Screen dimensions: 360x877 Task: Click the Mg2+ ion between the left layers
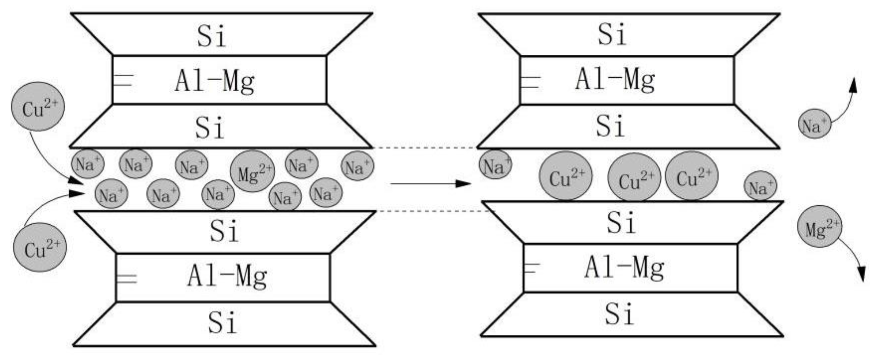coord(252,171)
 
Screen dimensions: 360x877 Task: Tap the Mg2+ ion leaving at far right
coord(819,227)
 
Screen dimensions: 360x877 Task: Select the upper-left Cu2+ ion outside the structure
coord(38,106)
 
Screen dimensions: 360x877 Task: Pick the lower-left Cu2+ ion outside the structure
coord(40,247)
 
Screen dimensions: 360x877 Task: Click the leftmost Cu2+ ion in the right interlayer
coord(565,176)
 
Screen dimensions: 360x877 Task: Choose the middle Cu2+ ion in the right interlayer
coord(634,177)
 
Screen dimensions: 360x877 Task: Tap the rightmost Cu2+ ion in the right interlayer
coord(692,176)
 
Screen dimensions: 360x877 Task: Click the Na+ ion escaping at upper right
coord(815,124)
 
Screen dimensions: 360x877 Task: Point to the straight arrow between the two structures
coord(430,183)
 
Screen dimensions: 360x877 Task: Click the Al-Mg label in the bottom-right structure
coord(624,268)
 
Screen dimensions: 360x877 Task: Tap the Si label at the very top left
coord(211,36)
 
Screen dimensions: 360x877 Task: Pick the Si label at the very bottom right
coord(619,314)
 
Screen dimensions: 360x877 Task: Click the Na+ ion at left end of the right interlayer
coord(495,165)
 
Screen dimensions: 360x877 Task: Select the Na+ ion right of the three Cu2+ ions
coord(760,186)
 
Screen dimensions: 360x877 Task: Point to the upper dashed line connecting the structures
coord(425,148)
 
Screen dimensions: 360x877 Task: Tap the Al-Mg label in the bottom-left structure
coord(227,276)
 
